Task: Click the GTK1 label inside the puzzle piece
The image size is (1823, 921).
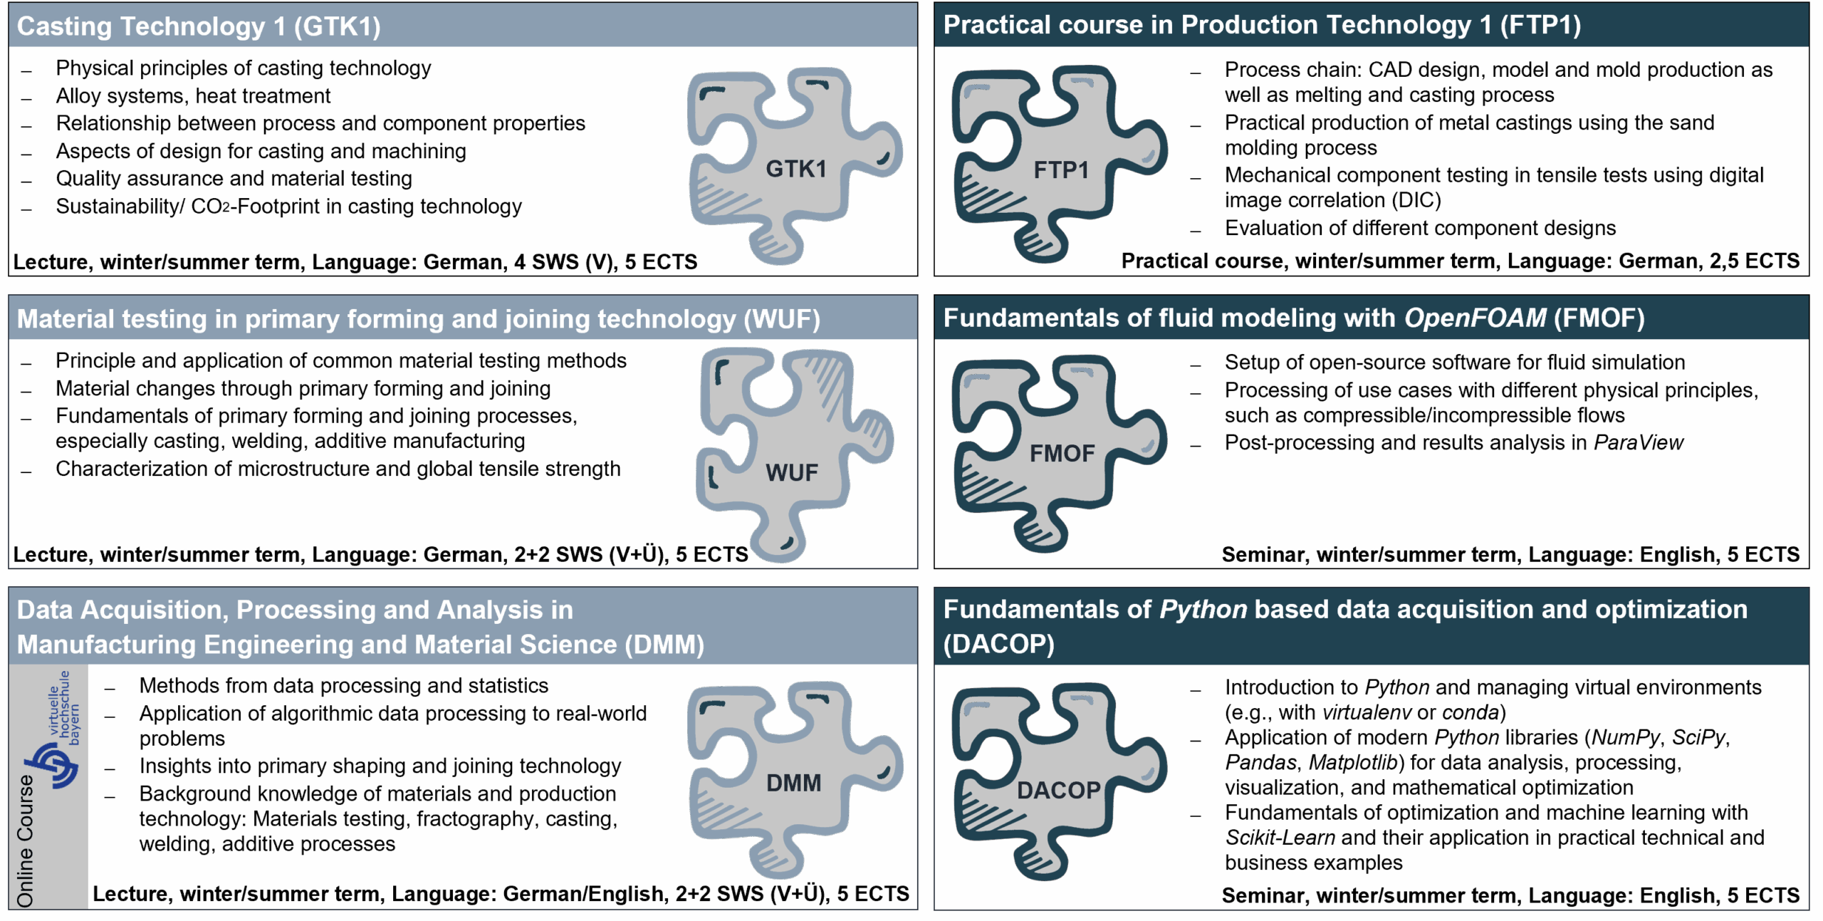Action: pyautogui.click(x=795, y=169)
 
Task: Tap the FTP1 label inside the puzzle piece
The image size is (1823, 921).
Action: pyautogui.click(x=1061, y=170)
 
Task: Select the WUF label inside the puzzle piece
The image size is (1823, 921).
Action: pyautogui.click(x=792, y=472)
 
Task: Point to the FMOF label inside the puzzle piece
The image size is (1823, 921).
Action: pyautogui.click(x=1062, y=453)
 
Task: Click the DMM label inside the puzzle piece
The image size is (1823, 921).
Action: pyautogui.click(x=793, y=783)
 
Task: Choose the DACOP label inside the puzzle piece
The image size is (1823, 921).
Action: pyautogui.click(x=1059, y=790)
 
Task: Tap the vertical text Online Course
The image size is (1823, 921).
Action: pyautogui.click(x=25, y=841)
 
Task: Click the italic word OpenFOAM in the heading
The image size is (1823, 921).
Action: pyautogui.click(x=1475, y=318)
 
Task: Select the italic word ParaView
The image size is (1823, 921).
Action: pyautogui.click(x=1638, y=442)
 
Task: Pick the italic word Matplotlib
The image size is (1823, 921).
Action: pyautogui.click(x=1353, y=762)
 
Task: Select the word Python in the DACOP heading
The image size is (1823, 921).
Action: pyautogui.click(x=1203, y=610)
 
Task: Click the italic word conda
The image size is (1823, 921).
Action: pyautogui.click(x=1471, y=712)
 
